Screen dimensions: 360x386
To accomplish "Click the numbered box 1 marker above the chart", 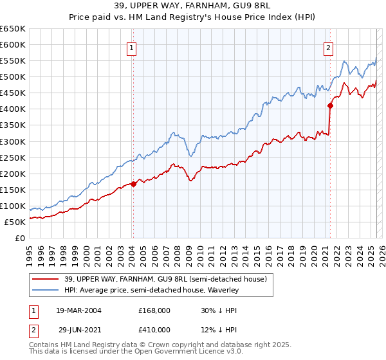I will pos(131,47).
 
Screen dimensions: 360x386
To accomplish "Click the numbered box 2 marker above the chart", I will pos(328,47).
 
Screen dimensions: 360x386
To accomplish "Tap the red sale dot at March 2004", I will pos(133,184).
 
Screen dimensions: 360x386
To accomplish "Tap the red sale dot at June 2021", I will pos(330,106).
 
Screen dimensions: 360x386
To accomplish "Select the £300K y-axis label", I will pos(13,141).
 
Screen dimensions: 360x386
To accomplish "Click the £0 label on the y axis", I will pos(21,238).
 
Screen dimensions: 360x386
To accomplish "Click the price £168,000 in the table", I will pos(154,310).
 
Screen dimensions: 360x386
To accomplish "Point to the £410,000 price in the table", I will pos(154,329).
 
